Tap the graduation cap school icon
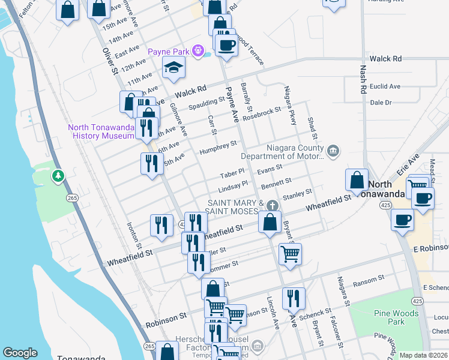[173, 68]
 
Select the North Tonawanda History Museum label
[100, 131]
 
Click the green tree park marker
[58, 176]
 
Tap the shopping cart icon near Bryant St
[290, 253]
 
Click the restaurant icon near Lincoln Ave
[294, 298]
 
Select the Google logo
[20, 353]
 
